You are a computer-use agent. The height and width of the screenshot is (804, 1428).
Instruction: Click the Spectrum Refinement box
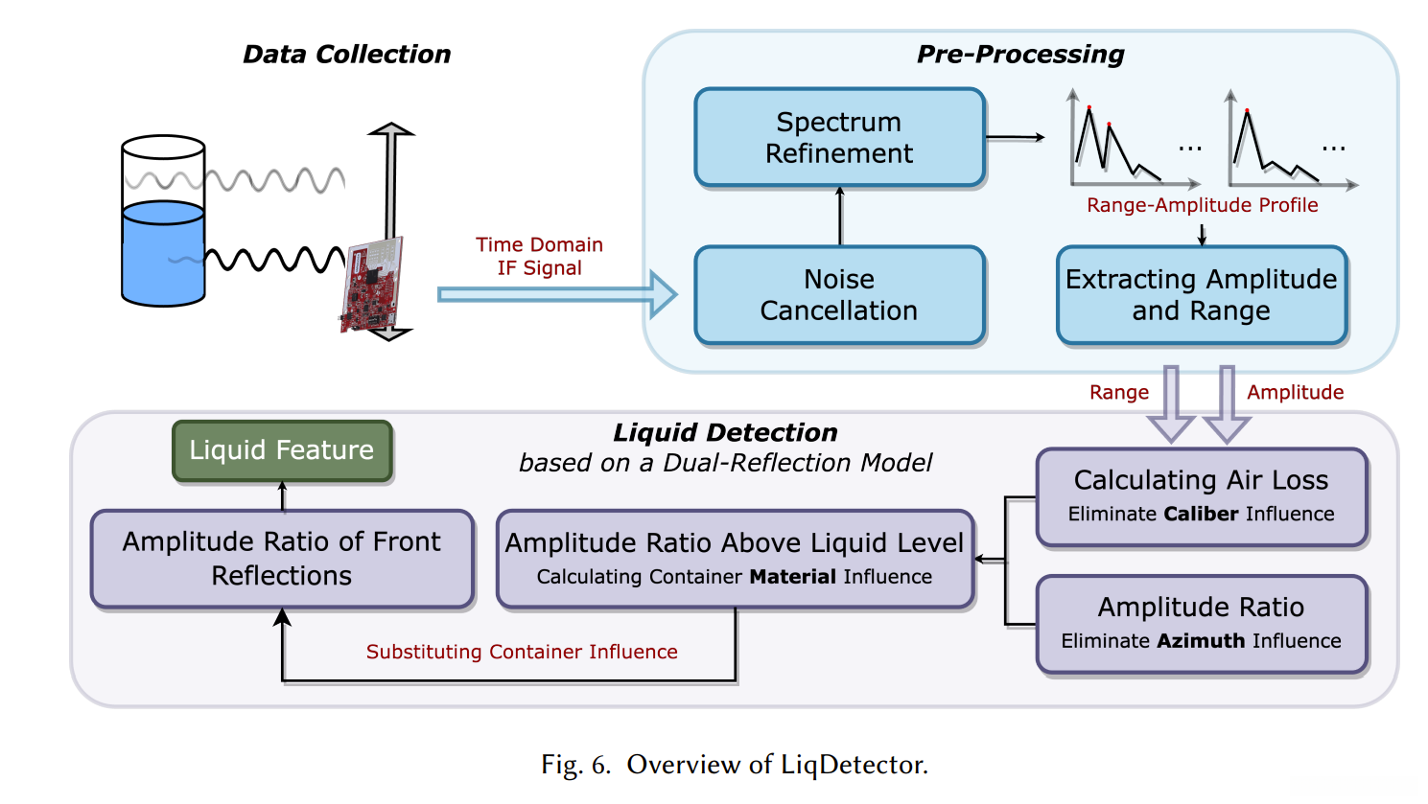839,137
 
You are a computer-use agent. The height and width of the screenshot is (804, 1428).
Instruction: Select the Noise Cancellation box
839,294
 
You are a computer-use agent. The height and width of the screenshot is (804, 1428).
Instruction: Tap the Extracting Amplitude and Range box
1201,294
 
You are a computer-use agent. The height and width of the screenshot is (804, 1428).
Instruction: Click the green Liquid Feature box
282,450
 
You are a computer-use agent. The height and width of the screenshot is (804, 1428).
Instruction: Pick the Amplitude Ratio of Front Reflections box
282,559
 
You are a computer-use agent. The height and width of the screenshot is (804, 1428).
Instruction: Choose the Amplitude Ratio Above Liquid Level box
735,559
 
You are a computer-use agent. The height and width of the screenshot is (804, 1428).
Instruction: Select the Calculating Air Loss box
1201,495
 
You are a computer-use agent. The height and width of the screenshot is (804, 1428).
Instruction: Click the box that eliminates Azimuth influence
1201,623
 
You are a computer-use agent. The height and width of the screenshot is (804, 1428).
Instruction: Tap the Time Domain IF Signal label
539,256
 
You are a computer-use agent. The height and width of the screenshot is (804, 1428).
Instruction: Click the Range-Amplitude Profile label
1202,205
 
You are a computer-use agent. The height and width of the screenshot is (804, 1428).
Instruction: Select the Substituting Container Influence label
522,652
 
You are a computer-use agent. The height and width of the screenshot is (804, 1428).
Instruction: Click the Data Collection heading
346,55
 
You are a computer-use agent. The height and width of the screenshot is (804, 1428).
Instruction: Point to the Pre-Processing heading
1020,55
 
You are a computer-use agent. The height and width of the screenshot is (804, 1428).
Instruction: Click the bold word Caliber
1201,514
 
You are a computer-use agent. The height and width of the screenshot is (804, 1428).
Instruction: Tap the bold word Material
793,577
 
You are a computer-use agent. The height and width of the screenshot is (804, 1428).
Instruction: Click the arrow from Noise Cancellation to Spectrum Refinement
840,217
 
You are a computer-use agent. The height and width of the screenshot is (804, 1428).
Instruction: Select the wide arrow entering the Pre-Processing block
556,294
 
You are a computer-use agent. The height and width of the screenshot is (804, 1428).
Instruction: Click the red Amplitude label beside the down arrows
1295,392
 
